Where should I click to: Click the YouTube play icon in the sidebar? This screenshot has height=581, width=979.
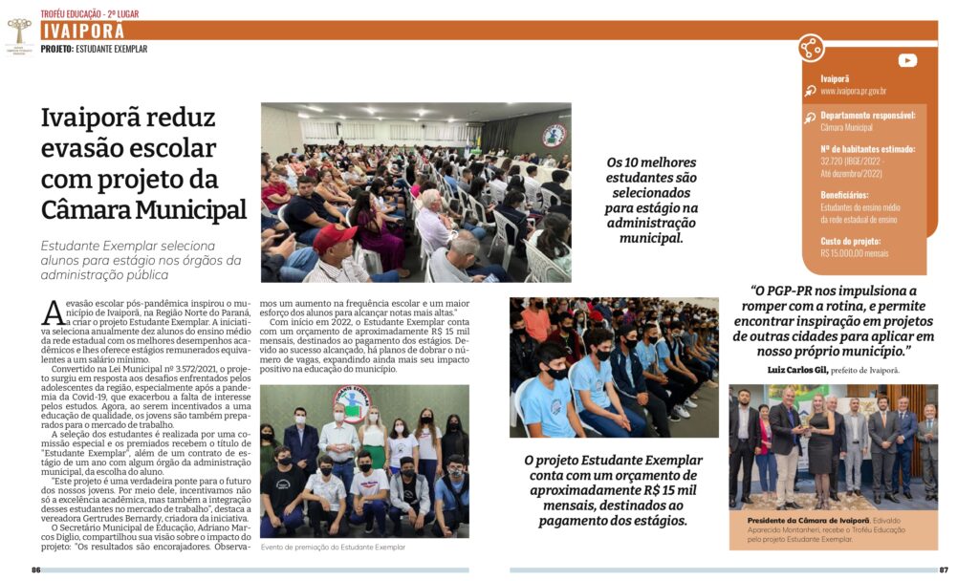pos(907,60)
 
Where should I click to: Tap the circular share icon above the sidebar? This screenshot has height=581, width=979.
pos(811,48)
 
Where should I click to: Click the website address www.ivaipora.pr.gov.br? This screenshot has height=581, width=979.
pos(853,92)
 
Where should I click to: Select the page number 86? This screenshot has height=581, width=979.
pos(35,570)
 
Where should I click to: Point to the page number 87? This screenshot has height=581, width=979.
pos(943,570)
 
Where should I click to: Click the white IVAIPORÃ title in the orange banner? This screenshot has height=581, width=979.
pos(83,31)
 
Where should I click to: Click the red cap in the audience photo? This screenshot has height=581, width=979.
pos(335,236)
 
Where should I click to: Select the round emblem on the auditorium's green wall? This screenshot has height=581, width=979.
pos(554,135)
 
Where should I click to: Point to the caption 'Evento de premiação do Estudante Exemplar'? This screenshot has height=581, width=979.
pos(333,547)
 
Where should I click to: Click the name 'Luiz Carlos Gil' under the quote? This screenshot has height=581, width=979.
pos(800,369)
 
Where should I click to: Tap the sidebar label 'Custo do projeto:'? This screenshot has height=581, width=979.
pos(851,242)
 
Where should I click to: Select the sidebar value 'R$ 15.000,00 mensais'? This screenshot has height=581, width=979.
pos(854,254)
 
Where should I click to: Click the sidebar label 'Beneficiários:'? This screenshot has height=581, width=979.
pos(844,195)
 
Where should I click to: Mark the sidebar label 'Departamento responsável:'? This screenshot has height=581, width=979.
pos(867,116)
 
